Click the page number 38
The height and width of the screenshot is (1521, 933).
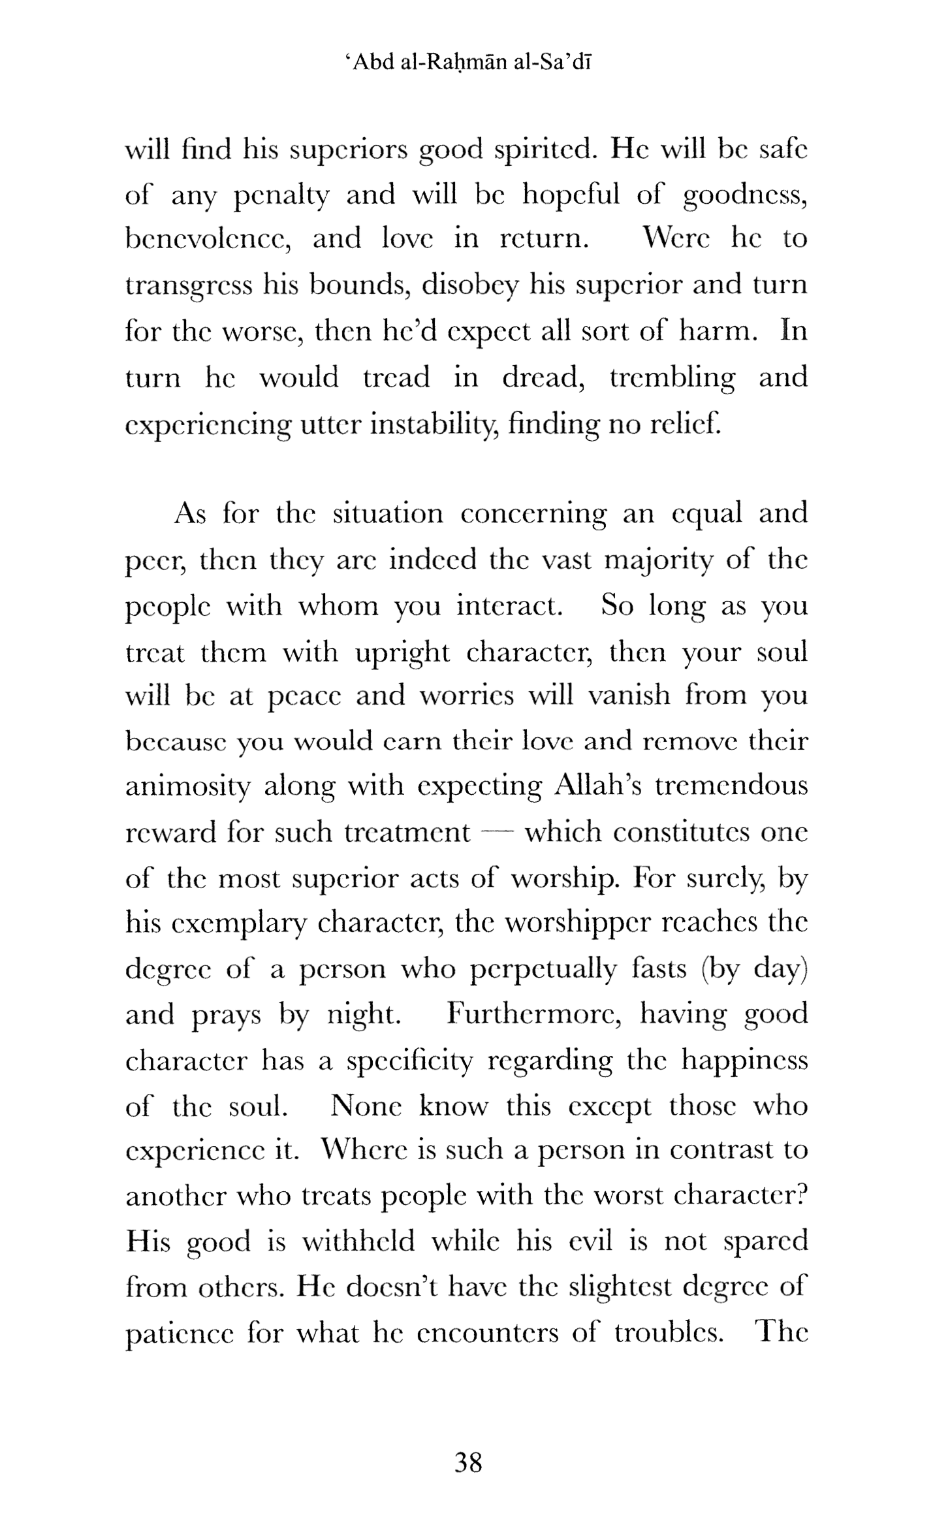(x=468, y=1462)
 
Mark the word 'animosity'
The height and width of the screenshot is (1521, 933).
(x=187, y=786)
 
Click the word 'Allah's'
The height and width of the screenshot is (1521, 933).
(x=595, y=785)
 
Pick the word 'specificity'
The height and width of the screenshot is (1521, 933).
(x=409, y=1061)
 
